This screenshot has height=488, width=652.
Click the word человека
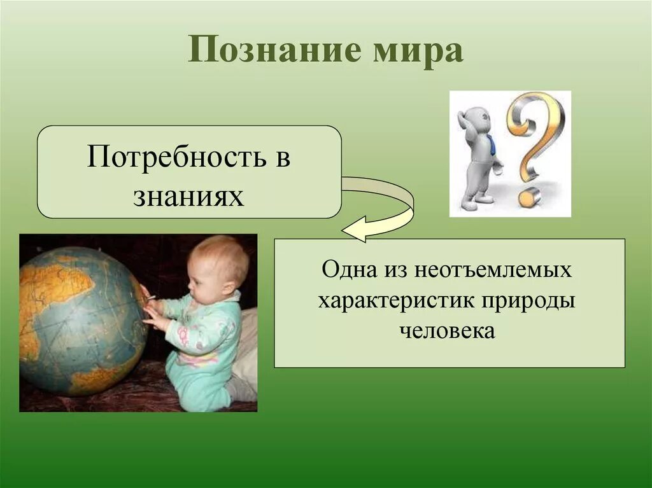[448, 331]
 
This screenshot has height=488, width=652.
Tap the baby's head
[220, 264]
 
